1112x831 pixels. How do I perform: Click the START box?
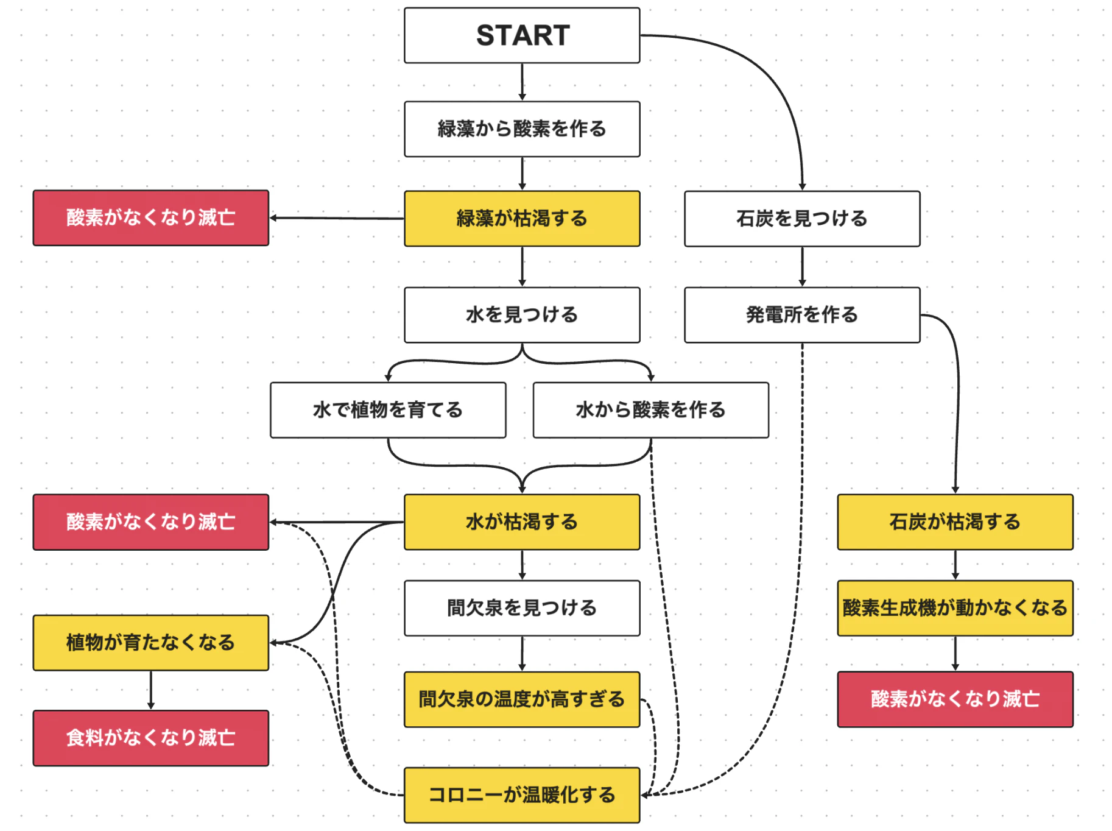point(522,35)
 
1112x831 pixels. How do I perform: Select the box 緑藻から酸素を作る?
point(522,129)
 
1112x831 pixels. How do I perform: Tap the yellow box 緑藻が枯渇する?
point(522,218)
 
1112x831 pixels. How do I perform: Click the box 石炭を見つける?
point(801,218)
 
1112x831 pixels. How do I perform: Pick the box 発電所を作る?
point(801,314)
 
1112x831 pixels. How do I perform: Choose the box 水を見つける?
point(522,314)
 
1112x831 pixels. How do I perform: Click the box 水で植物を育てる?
point(388,409)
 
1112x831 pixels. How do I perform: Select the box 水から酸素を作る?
point(650,409)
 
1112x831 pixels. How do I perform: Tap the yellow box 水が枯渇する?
point(522,522)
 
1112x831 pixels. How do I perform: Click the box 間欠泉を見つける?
point(522,607)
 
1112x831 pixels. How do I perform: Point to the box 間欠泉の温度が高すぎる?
point(522,699)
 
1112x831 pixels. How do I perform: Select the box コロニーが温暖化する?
point(522,794)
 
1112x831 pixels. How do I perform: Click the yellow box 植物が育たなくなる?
point(150,642)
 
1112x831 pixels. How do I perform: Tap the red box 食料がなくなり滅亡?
point(150,737)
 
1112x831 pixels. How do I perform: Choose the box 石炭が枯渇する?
point(955,522)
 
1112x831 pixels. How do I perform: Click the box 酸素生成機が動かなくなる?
point(955,607)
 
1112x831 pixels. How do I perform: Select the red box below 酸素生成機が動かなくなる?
point(955,699)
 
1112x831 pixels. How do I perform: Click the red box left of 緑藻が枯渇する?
point(150,217)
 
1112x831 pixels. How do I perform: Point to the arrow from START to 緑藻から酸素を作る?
point(522,82)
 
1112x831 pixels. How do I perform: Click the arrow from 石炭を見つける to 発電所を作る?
point(802,266)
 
